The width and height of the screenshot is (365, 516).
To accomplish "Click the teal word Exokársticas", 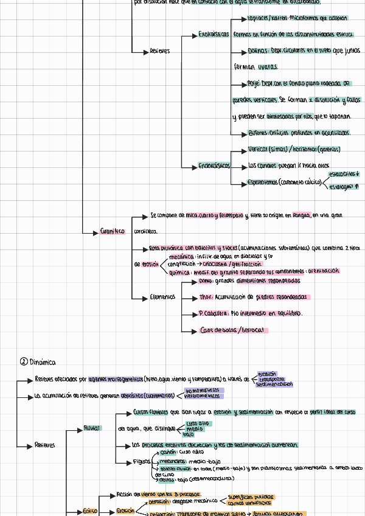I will [x=214, y=34].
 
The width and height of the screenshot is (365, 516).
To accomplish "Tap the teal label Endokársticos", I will [x=214, y=166].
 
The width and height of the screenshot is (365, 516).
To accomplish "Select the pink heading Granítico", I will [x=113, y=231].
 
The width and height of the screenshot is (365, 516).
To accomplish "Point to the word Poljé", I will [x=257, y=83].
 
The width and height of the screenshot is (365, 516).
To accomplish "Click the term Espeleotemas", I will [x=262, y=182].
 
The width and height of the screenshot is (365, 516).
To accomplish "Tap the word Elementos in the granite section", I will [x=162, y=298].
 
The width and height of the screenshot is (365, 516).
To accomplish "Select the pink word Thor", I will [x=206, y=298].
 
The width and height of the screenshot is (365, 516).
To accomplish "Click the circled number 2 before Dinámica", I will [x=24, y=362].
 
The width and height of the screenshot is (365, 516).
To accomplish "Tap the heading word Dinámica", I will [x=43, y=362].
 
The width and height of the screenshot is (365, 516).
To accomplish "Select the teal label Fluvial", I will [x=93, y=428].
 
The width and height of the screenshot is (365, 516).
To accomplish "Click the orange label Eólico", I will [x=90, y=512].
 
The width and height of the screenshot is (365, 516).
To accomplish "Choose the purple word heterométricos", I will [x=204, y=396].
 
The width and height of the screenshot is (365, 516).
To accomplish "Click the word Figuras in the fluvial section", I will [x=142, y=462].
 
